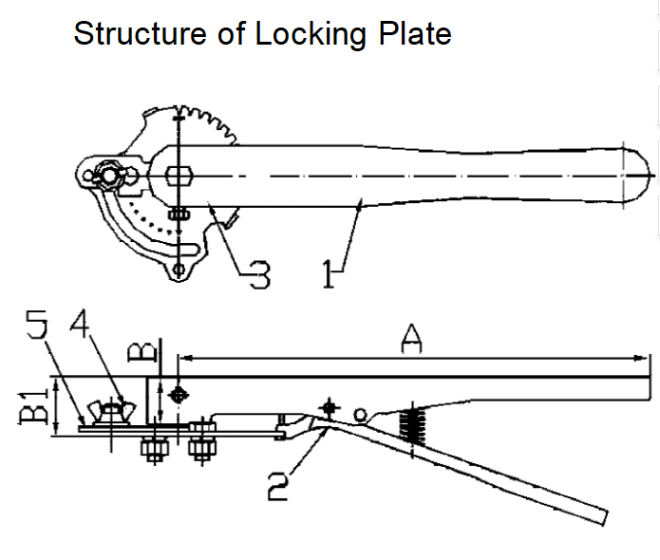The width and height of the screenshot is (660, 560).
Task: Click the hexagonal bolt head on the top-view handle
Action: click(x=180, y=176)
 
